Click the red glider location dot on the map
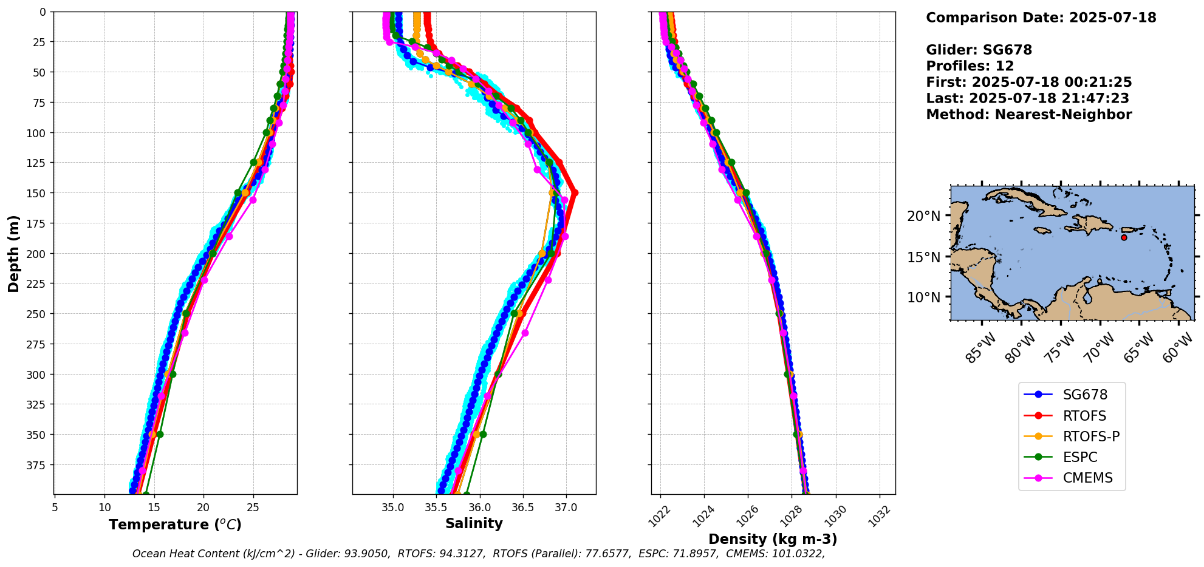pos(1124,237)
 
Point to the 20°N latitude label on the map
pos(923,217)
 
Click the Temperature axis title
pos(175,525)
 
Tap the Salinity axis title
pos(474,523)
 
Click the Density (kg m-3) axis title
pos(773,539)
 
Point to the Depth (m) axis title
pos(13,253)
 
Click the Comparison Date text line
pos(1041,18)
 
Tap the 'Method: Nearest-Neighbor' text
pos(1028,115)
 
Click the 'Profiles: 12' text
pos(970,66)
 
